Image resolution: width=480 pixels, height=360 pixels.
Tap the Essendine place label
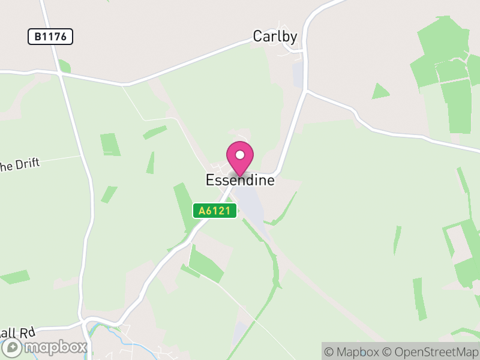pyautogui.click(x=240, y=180)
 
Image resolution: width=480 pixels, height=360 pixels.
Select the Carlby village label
pyautogui.click(x=275, y=37)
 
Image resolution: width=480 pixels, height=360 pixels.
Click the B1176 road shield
pyautogui.click(x=50, y=37)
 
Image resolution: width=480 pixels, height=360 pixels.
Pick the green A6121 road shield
pyautogui.click(x=215, y=211)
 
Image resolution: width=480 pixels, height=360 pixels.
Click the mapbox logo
pyautogui.click(x=45, y=347)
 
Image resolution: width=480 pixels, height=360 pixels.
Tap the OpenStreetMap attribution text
pyautogui.click(x=431, y=352)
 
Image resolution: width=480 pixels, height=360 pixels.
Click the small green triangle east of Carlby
pyautogui.click(x=380, y=92)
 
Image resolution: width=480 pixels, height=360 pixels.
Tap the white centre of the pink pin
pyautogui.click(x=240, y=155)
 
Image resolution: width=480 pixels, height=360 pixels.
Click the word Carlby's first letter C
pyautogui.click(x=258, y=37)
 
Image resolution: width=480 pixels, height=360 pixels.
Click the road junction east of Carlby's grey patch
pyautogui.click(x=307, y=91)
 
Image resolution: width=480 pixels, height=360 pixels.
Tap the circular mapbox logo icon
pyautogui.click(x=13, y=347)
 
